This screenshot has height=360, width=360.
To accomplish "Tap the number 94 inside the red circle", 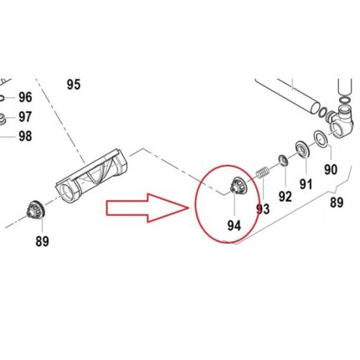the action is click(x=234, y=225).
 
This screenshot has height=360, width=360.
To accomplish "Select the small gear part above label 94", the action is click(x=238, y=185).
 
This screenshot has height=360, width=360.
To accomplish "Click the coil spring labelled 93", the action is click(x=263, y=172).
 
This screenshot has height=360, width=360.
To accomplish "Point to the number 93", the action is click(x=263, y=209).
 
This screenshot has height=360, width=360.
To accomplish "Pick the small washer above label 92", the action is click(x=284, y=160).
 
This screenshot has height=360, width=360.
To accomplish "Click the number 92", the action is click(x=285, y=197).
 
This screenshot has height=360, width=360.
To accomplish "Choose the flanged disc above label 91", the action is click(x=302, y=150).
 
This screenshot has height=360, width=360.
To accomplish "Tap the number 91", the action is click(x=306, y=184).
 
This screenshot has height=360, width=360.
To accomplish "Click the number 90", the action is click(x=331, y=169).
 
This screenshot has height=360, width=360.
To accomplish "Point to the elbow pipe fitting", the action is click(x=341, y=121).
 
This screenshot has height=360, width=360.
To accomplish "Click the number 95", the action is click(x=74, y=85).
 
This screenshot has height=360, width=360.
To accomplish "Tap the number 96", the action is click(x=25, y=97).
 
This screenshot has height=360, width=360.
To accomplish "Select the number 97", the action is click(x=25, y=117).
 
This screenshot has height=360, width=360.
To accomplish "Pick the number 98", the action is click(x=25, y=136).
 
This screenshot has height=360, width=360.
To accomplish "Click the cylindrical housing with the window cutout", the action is click(x=91, y=177).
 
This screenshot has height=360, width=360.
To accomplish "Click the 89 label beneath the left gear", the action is click(x=42, y=241).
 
